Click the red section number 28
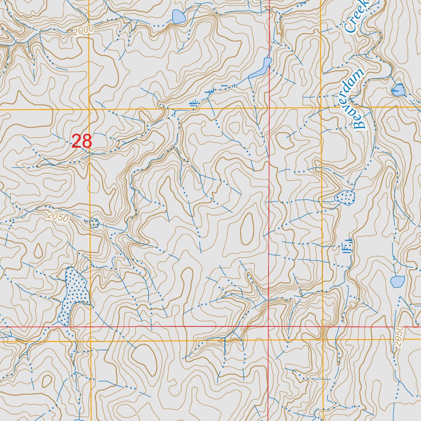click(82, 141)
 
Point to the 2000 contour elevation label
click(84, 30)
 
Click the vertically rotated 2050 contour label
click(398, 338)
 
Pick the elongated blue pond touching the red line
click(261, 69)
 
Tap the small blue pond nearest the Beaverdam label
click(398, 90)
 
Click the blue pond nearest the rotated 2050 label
click(397, 282)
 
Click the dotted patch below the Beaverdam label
click(345, 197)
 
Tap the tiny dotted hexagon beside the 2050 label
click(94, 223)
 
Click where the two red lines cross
click(268, 327)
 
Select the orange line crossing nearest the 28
click(90, 110)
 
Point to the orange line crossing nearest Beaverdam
click(321, 108)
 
